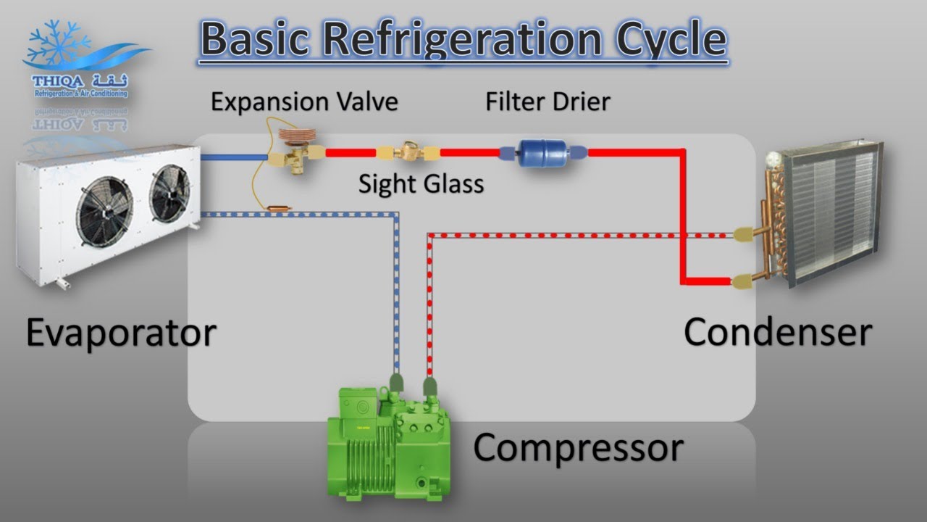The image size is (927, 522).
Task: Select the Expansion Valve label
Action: point(304,101)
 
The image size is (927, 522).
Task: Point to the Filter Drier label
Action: point(548,101)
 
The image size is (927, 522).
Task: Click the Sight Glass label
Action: point(421,184)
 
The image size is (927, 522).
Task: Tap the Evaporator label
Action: point(121,333)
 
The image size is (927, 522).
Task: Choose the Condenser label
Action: point(777,332)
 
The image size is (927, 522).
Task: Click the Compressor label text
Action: point(578,447)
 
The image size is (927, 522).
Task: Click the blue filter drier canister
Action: point(545,153)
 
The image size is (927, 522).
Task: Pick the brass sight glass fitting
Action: point(409,153)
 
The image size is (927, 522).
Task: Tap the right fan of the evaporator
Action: point(169,192)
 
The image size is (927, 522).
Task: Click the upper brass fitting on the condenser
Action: point(744,234)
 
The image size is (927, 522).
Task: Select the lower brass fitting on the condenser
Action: point(744,281)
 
